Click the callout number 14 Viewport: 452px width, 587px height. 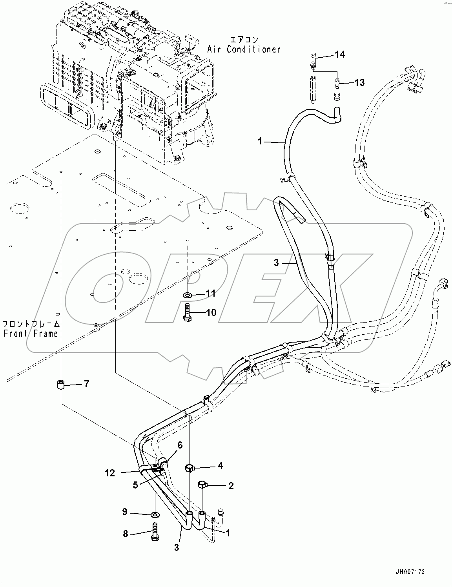(x=340, y=55)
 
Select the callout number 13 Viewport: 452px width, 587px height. (x=359, y=82)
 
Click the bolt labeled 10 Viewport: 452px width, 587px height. (x=187, y=312)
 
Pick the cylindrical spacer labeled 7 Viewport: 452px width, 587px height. (x=60, y=385)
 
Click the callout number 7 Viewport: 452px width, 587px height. (x=86, y=384)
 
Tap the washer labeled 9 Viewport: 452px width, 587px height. (x=155, y=514)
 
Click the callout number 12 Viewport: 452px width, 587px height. (x=109, y=473)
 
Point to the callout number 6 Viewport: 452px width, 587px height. (x=180, y=445)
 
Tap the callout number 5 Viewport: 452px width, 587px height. (x=135, y=485)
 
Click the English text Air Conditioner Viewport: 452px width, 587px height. (x=244, y=49)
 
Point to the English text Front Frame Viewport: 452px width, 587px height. (x=30, y=334)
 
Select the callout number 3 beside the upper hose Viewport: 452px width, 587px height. (x=276, y=263)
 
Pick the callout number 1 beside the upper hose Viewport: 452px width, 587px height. (x=260, y=141)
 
